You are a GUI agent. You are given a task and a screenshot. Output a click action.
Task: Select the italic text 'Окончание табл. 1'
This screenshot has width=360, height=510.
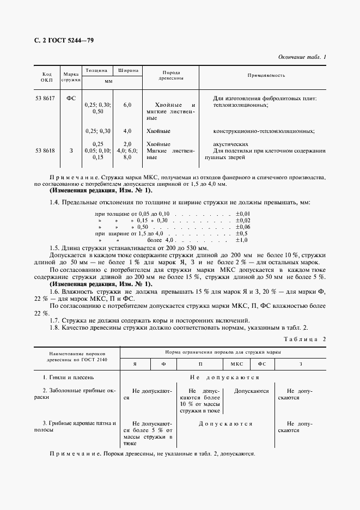[x=302, y=57]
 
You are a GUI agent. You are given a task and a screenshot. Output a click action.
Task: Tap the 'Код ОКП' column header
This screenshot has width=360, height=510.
[x=47, y=76]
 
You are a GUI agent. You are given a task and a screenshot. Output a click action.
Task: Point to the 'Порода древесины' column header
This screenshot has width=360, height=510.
[x=170, y=76]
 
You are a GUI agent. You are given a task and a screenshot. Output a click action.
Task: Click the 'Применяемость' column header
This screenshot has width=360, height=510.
[x=266, y=75]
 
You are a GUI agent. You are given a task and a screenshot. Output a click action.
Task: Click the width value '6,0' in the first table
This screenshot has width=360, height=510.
[x=127, y=105]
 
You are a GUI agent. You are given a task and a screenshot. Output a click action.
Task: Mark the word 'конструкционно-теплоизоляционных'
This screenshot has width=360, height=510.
[x=264, y=131]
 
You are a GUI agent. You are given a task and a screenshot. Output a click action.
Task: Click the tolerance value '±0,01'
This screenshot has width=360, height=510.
[x=242, y=213]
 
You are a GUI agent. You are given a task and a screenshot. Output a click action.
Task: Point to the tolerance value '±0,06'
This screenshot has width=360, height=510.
[x=242, y=227]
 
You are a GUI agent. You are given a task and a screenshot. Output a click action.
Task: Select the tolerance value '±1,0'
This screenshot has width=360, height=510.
[x=241, y=240]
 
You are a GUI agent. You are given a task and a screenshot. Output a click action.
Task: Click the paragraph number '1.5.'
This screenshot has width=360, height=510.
[x=56, y=247]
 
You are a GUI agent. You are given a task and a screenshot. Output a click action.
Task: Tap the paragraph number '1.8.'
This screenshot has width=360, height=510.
[x=56, y=327]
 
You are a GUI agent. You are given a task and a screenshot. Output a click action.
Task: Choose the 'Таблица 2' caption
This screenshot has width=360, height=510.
[x=305, y=339]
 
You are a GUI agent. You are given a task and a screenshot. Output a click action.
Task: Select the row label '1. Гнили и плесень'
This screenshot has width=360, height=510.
[x=69, y=377]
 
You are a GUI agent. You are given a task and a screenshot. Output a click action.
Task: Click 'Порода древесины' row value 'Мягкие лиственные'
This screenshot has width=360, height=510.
[x=170, y=154]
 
